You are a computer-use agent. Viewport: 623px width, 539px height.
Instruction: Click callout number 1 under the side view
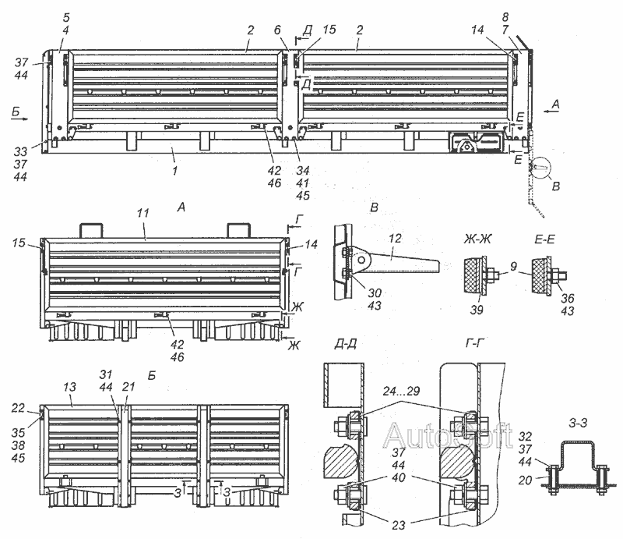(x=174, y=170)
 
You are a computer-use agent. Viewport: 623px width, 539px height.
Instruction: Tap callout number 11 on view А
(x=143, y=214)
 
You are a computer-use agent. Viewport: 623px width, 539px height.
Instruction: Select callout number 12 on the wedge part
(x=395, y=238)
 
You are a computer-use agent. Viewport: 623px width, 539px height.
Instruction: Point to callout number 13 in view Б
(x=69, y=387)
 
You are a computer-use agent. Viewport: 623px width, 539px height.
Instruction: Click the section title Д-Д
(x=345, y=344)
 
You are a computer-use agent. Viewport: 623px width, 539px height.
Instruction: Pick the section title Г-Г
(x=475, y=342)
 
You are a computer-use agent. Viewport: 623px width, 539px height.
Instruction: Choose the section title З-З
(x=577, y=422)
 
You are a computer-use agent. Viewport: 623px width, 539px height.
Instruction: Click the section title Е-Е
(x=544, y=239)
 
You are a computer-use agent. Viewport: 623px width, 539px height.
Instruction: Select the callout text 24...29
(x=401, y=391)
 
